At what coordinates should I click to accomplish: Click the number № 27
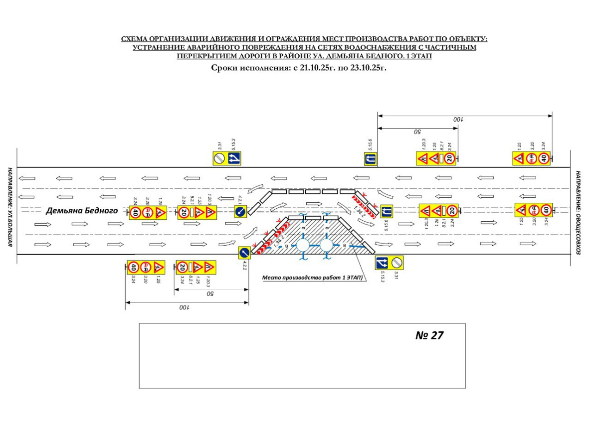(429, 335)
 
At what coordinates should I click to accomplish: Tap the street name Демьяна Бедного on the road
(82, 211)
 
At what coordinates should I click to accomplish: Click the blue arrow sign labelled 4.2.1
(240, 212)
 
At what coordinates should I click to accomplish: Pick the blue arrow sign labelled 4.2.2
(244, 253)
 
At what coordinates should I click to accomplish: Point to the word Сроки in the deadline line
(224, 68)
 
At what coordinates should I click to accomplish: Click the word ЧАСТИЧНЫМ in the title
(453, 48)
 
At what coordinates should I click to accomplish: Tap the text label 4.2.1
(240, 200)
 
